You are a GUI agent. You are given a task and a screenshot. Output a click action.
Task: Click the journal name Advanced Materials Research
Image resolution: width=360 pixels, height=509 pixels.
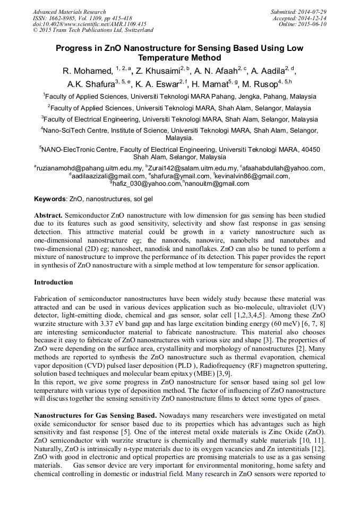pos(69,12)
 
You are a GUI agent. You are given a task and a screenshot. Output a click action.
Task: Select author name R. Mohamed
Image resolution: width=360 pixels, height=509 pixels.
pos(87,71)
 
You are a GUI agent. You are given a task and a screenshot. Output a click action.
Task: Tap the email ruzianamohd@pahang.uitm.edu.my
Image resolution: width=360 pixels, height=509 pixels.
pos(89,168)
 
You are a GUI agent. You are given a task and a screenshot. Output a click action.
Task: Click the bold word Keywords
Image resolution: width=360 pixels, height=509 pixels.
pos(50,199)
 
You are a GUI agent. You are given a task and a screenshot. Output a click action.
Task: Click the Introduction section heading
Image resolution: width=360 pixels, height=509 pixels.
pos(53,282)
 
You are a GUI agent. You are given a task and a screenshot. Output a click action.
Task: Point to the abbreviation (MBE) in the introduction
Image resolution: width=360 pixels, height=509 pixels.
pos(186,374)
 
